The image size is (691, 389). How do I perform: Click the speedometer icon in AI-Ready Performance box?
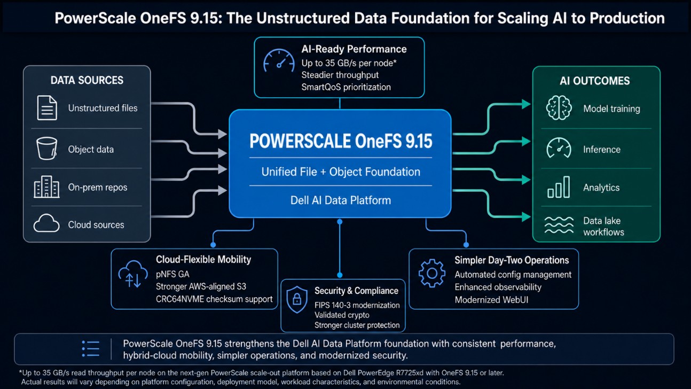click(279, 60)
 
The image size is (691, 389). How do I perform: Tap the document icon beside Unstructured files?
click(47, 108)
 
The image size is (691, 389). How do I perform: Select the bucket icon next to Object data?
click(47, 149)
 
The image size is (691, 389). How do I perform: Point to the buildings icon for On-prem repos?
click(46, 186)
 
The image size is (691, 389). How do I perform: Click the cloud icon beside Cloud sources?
click(46, 223)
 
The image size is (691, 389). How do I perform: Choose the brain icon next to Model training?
click(559, 108)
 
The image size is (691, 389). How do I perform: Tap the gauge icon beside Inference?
click(559, 148)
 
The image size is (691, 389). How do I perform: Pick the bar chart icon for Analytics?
click(559, 187)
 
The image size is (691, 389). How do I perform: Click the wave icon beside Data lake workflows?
click(559, 225)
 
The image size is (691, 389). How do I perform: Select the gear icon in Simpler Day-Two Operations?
click(432, 273)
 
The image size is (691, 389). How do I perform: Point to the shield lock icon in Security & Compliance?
click(297, 299)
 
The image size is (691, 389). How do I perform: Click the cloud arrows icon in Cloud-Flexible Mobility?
click(133, 274)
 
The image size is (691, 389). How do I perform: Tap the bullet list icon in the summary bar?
click(91, 349)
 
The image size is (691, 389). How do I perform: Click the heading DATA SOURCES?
click(87, 80)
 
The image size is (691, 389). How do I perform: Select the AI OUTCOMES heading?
click(595, 81)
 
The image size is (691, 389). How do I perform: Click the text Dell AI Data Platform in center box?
click(341, 200)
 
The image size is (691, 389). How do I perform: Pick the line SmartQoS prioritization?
click(346, 87)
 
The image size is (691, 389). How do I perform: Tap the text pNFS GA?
click(172, 274)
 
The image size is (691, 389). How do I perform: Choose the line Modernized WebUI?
click(491, 300)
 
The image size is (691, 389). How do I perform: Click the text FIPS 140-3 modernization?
click(357, 305)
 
